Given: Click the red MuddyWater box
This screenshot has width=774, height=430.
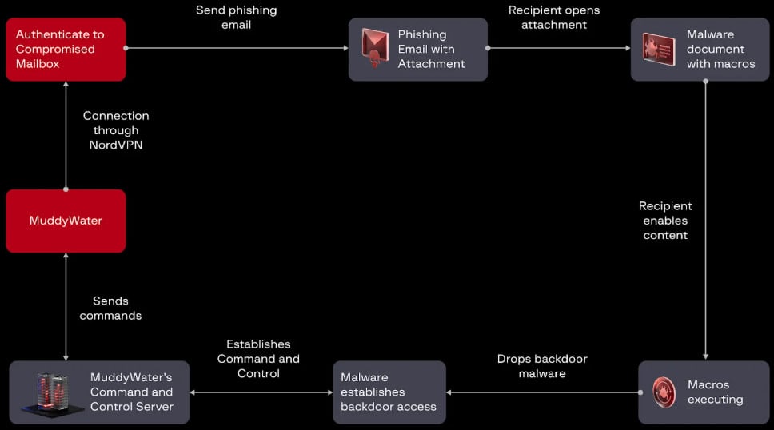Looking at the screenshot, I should tap(66, 221).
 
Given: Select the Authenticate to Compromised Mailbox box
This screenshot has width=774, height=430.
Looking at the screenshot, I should tap(66, 49).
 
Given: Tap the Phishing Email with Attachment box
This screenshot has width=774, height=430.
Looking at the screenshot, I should tap(417, 49).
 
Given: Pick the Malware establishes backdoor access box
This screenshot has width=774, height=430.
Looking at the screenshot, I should tap(389, 392).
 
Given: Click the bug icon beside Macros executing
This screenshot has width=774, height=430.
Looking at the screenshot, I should tap(664, 392).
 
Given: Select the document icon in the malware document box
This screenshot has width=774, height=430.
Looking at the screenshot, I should tap(659, 48).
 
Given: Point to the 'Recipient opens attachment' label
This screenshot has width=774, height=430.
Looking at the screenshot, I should tap(553, 18).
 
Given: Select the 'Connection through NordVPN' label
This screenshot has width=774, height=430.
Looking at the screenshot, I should tap(116, 130).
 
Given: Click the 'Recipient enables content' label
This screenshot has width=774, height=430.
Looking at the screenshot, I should tap(665, 221).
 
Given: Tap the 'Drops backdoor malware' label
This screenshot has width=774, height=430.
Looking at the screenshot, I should tap(541, 366).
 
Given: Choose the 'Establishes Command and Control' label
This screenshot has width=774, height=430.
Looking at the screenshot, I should tap(258, 359).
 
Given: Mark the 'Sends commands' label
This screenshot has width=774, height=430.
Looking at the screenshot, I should tap(116, 308).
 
